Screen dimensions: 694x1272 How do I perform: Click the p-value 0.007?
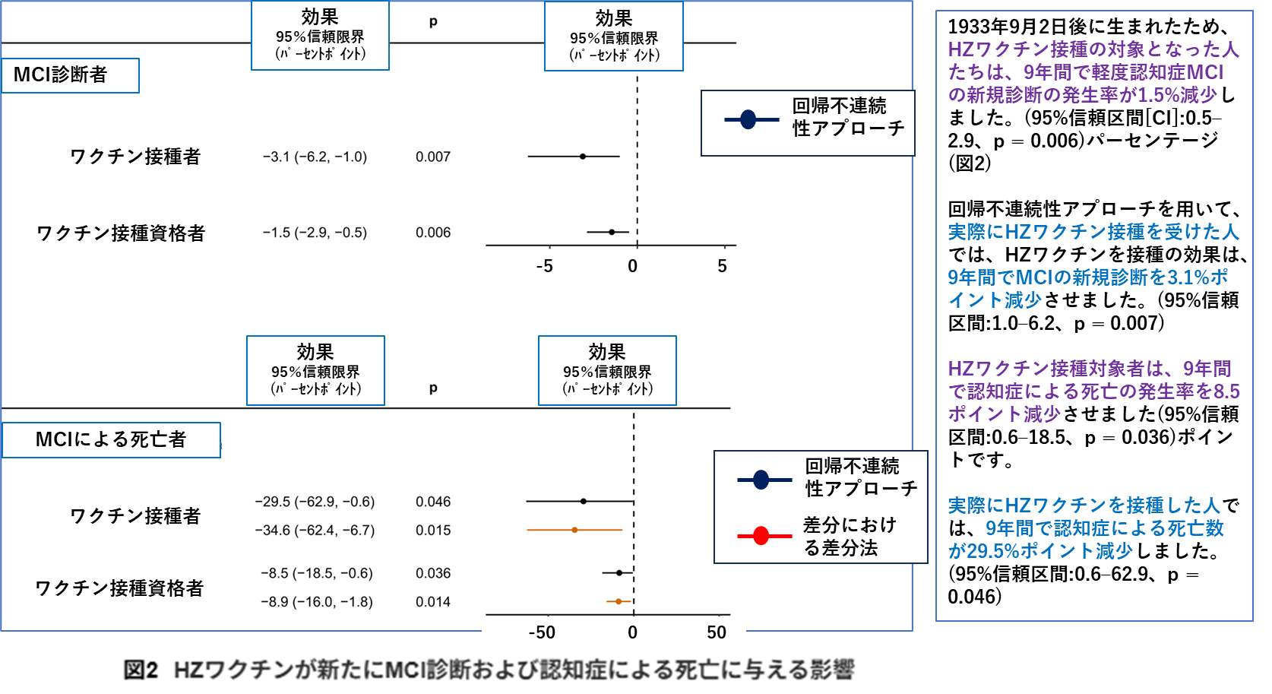point(432,157)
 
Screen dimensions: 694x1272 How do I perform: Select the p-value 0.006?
point(432,233)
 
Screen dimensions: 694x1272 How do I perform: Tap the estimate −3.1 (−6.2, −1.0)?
point(315,157)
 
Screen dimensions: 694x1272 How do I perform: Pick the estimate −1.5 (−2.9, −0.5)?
point(315,233)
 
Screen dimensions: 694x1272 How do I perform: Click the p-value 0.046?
point(432,502)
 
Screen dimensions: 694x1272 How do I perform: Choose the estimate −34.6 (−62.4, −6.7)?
point(315,530)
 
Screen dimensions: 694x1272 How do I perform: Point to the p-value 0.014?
point(432,602)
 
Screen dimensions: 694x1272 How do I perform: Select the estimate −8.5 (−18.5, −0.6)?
point(316,573)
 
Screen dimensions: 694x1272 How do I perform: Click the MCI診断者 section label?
point(61,74)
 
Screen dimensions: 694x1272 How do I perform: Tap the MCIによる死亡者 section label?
point(111,439)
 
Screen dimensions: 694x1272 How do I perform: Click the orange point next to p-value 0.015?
point(574,530)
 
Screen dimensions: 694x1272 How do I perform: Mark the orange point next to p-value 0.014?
point(619,601)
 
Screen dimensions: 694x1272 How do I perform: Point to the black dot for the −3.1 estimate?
point(583,157)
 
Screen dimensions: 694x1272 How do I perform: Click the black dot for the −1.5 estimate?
point(612,232)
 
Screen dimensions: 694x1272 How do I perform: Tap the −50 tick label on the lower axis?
point(542,632)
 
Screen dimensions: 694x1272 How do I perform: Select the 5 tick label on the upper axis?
point(722,266)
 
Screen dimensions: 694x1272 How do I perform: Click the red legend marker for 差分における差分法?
point(761,536)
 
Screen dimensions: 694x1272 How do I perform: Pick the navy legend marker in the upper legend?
point(748,119)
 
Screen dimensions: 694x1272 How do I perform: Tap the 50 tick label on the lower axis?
point(717,632)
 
